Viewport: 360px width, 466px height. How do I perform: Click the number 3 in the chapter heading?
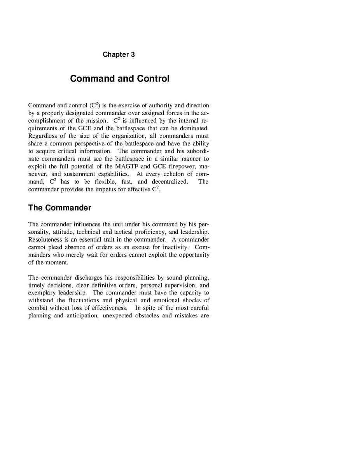tap(133, 54)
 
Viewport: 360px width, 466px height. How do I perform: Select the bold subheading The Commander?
tap(59, 208)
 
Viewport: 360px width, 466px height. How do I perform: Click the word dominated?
tap(193, 128)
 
